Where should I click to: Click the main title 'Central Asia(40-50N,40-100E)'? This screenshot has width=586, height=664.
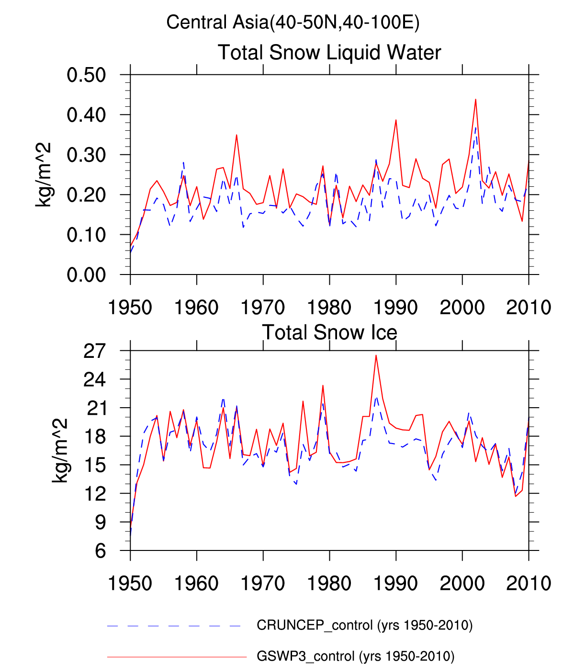point(293,23)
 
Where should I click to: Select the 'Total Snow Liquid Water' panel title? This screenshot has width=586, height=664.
point(329,52)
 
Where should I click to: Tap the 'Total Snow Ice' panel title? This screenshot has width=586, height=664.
point(329,332)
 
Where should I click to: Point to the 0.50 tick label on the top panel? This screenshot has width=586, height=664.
point(86,75)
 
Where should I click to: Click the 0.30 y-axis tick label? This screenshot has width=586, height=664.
point(86,155)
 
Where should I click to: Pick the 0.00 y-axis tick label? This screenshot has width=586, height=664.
point(86,275)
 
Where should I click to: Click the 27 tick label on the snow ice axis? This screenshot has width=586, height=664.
point(94,351)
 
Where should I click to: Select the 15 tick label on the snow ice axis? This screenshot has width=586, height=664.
point(94,465)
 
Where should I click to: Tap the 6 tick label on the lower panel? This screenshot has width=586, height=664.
point(100,551)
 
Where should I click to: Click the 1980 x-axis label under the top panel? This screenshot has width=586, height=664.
point(329,308)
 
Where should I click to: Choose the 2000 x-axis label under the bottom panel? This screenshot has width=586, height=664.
point(462,584)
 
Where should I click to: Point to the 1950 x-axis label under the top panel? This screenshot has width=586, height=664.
point(130,308)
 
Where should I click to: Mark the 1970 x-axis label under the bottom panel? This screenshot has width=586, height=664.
point(263,584)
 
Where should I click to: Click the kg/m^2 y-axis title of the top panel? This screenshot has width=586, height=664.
point(43,174)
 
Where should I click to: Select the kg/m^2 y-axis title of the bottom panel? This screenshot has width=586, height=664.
point(60,450)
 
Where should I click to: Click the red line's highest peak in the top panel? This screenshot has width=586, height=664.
point(475,99)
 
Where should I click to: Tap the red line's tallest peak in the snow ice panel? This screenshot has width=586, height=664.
point(376,355)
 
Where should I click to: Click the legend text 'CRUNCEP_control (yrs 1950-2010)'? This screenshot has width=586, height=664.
point(365,625)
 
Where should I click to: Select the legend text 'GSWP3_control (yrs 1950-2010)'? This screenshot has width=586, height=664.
point(355,656)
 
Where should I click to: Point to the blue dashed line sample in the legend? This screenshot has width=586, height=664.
point(174,626)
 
